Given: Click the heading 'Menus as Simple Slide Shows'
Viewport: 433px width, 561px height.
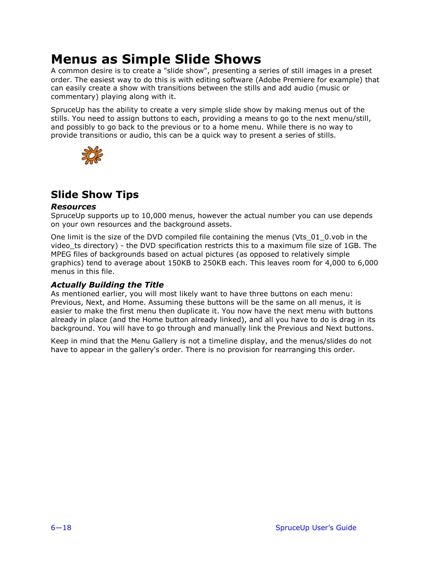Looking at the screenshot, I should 156,59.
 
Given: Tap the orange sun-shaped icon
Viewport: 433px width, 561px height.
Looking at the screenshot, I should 92,155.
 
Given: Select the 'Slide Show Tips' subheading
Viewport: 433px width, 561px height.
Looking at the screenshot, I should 94,194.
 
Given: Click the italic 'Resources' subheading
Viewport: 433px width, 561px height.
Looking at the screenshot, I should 73,207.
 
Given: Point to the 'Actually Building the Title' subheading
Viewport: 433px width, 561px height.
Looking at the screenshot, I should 107,285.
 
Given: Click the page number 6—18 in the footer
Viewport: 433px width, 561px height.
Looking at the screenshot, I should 61,527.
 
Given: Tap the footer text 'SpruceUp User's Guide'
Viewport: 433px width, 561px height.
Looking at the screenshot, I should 315,527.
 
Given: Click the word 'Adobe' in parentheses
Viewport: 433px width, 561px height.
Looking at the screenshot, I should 270,80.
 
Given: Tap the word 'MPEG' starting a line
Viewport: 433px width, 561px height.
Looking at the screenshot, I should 61,254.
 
